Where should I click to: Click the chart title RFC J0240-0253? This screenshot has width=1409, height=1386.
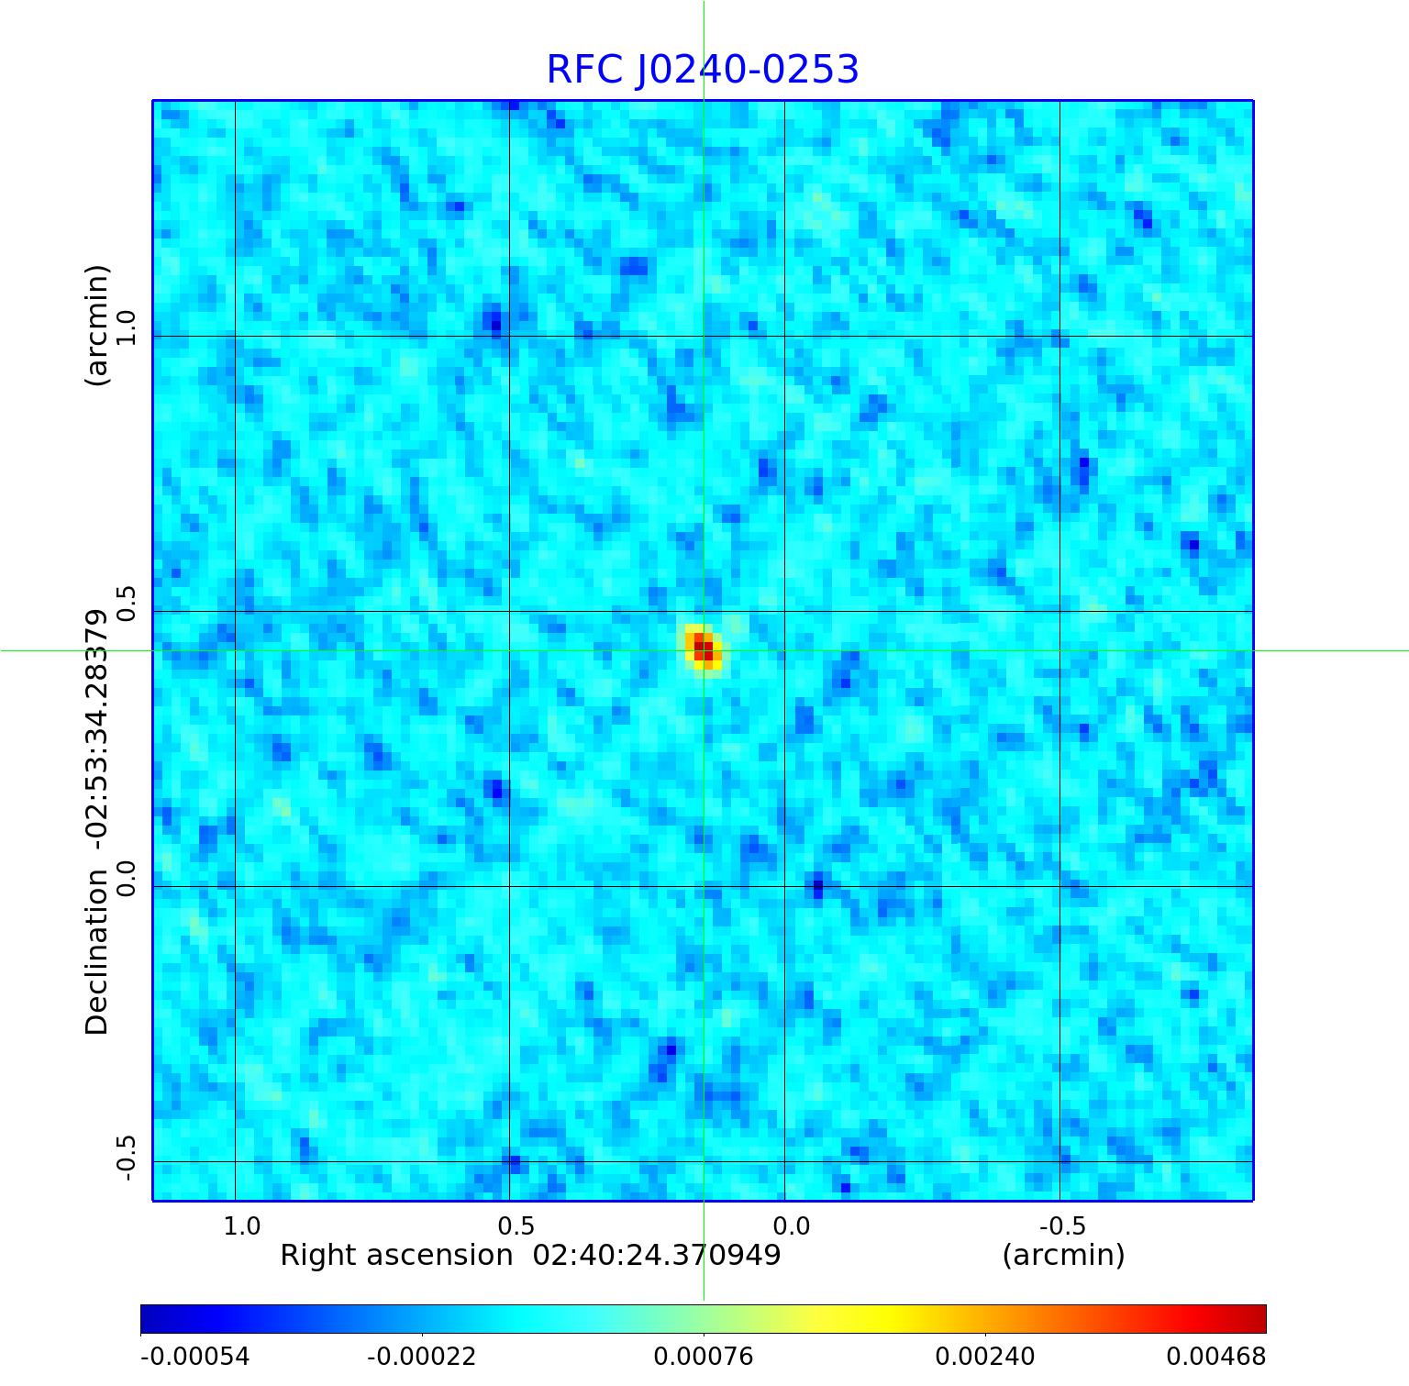[x=703, y=70]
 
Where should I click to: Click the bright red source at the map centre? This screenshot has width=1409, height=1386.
[x=703, y=648]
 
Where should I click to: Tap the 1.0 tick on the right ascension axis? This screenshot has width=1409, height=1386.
[x=242, y=1225]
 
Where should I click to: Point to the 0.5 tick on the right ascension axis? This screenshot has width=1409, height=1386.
[x=516, y=1225]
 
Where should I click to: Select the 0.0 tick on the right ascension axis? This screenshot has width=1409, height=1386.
[x=791, y=1225]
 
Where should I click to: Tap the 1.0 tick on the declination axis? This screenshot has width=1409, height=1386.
[x=127, y=328]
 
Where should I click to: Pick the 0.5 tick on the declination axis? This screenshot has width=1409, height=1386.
[x=127, y=604]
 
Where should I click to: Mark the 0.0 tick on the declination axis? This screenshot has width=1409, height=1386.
[x=127, y=878]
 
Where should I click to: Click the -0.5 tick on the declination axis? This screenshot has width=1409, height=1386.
[x=127, y=1158]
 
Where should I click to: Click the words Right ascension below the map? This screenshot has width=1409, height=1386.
[x=396, y=1255]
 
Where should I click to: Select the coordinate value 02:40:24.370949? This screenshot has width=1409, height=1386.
[x=657, y=1255]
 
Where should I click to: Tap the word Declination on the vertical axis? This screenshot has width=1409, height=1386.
[x=96, y=952]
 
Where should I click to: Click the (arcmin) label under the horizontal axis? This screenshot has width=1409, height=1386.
[x=1063, y=1255]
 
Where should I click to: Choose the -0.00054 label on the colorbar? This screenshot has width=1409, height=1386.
[x=194, y=1356]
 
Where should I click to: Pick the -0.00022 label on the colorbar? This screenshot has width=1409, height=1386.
[x=421, y=1356]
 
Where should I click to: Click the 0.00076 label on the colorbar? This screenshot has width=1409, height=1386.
[x=703, y=1356]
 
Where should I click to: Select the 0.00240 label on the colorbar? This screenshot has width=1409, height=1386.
[x=984, y=1356]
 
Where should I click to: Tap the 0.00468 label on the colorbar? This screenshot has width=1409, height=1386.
[x=1215, y=1356]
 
